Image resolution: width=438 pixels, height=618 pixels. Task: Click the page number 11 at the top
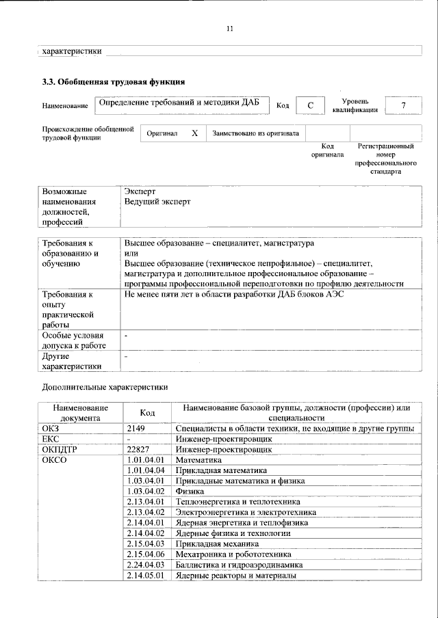(x=230, y=28)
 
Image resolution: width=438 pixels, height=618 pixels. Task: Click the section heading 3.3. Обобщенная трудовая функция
(x=114, y=82)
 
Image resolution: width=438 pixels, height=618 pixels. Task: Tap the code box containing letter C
(x=310, y=105)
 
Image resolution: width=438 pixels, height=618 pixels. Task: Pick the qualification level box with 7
(x=404, y=105)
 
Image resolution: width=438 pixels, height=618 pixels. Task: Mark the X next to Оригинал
(x=194, y=133)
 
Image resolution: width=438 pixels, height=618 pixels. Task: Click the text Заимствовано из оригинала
(x=255, y=133)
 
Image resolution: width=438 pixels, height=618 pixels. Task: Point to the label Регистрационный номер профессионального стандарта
(x=385, y=159)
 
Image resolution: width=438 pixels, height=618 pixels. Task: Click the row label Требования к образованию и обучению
(x=75, y=253)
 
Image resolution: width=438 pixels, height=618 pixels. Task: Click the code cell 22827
(x=140, y=449)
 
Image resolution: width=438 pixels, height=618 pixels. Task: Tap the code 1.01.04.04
(x=146, y=470)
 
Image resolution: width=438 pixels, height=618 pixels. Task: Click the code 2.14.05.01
(x=146, y=576)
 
